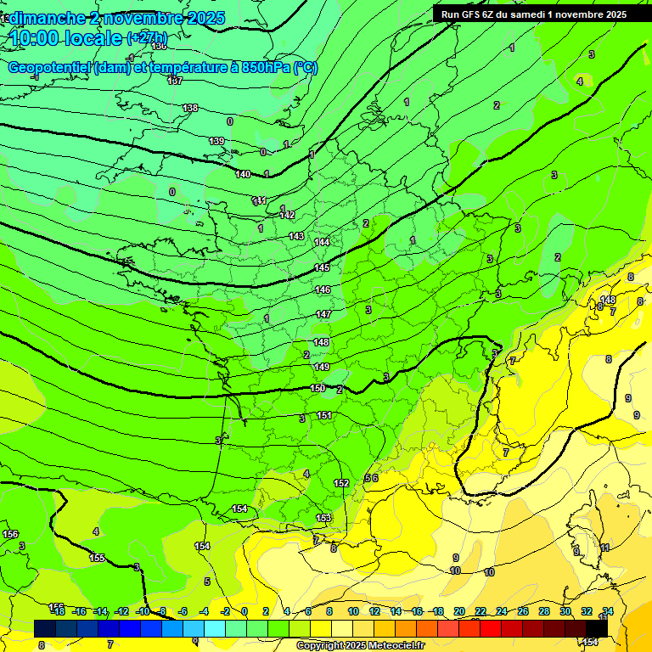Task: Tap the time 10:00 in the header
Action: (x=38, y=38)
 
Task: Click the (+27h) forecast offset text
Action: (x=147, y=38)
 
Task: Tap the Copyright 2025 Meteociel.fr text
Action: (x=360, y=646)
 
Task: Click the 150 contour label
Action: (x=318, y=388)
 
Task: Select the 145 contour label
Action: (x=322, y=267)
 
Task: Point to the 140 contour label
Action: (x=243, y=174)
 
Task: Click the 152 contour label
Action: (x=341, y=483)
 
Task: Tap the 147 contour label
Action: (x=323, y=314)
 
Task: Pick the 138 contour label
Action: (x=190, y=108)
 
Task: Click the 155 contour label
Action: (x=97, y=558)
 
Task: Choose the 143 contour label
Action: (x=296, y=236)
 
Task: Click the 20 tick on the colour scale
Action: (x=459, y=611)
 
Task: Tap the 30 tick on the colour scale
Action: (x=565, y=611)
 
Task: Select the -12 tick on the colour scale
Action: (x=121, y=611)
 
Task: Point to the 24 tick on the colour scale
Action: (x=502, y=611)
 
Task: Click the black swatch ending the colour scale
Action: (x=597, y=627)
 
